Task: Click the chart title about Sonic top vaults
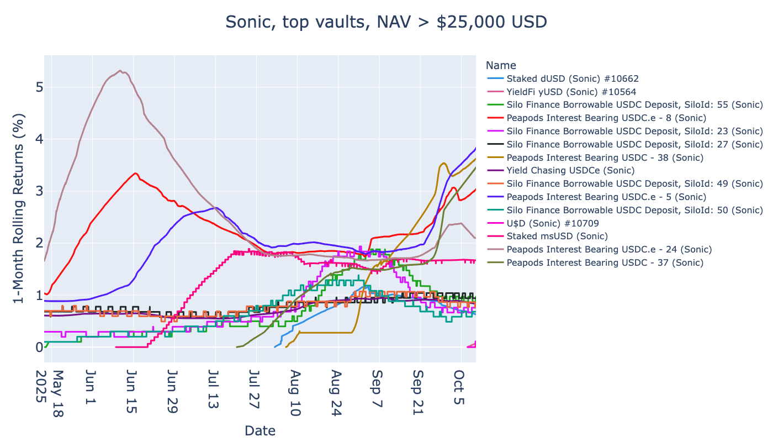[386, 22]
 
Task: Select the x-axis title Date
[260, 430]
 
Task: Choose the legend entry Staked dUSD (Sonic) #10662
[573, 78]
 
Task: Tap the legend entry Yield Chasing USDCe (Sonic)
[570, 170]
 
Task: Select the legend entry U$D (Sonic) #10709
[553, 223]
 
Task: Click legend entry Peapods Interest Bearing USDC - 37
[605, 262]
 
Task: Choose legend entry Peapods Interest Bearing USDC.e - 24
[609, 249]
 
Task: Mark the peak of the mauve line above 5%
[120, 71]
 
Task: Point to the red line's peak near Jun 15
[136, 173]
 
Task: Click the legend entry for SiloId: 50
[634, 210]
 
